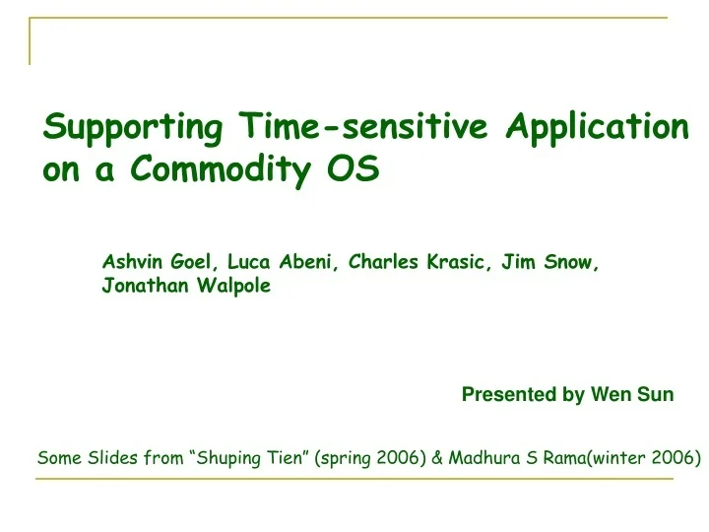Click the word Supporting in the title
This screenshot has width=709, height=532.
pos(135,127)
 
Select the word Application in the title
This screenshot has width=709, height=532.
pos(597,127)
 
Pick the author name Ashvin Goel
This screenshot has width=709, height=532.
pos(161,262)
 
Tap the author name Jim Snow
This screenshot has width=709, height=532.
pos(550,262)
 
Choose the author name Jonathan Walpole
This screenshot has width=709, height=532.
pos(186,287)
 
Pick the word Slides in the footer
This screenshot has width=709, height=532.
pos(108,458)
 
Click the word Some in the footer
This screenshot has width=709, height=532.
pos(57,458)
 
